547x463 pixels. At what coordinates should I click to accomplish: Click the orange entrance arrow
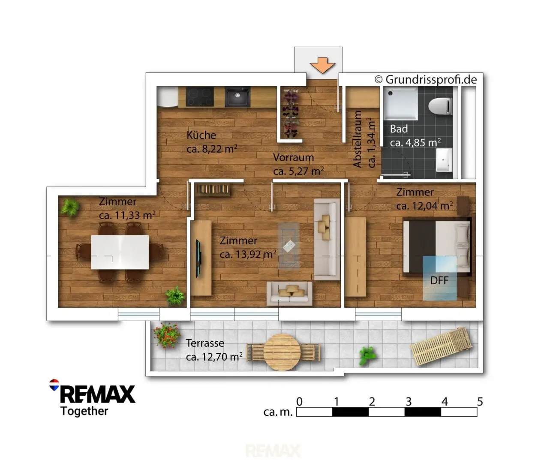pos(323,65)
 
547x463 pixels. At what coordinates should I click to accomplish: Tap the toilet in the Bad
pos(440,106)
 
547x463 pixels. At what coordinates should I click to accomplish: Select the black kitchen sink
pos(237,96)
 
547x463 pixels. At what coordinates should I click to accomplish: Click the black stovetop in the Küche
pos(200,96)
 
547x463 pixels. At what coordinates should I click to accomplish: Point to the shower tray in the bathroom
pos(401,103)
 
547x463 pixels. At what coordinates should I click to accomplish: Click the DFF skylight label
pos(439,280)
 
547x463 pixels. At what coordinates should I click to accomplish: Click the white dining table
pos(120,252)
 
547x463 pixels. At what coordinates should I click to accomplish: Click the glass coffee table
pos(289,246)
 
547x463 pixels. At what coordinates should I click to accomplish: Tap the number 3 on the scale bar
pos(409,402)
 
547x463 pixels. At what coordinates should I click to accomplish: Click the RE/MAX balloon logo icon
pos(54,385)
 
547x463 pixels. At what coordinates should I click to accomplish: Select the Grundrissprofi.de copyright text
pos(426,79)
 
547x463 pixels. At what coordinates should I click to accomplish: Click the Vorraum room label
pos(294,157)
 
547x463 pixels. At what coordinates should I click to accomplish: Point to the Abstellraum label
pos(358,139)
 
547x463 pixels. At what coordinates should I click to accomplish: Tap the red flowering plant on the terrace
pos(166,335)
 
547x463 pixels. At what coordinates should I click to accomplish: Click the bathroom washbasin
pos(444,159)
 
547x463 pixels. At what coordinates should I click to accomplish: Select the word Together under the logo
pos(84,412)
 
